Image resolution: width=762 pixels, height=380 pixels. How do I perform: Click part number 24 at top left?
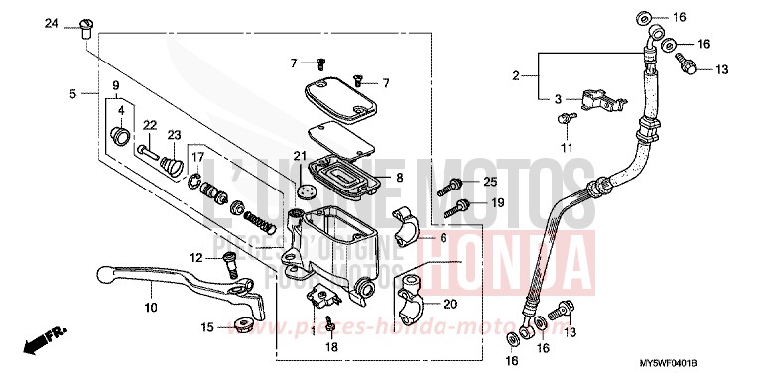[x=51, y=23]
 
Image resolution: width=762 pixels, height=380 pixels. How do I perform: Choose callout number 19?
[x=498, y=202]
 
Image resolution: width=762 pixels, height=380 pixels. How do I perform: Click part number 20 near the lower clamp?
[x=449, y=305]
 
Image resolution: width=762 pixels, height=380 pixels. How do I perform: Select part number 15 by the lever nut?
[x=207, y=327]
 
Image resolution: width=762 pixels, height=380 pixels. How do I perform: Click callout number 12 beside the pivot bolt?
[x=195, y=258]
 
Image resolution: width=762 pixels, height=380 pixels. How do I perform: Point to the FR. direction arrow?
[x=40, y=344]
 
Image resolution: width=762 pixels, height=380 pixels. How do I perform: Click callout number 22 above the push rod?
[x=150, y=124]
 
